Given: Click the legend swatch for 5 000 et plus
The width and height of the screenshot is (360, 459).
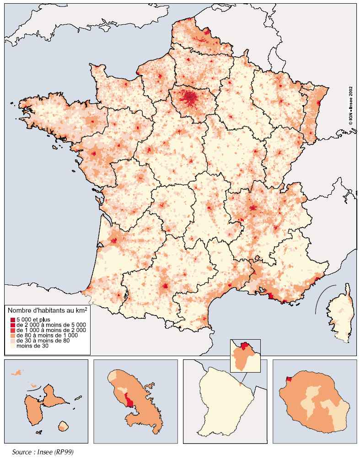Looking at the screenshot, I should (x=13, y=319).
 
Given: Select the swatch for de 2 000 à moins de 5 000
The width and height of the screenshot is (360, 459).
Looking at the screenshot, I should (x=13, y=324).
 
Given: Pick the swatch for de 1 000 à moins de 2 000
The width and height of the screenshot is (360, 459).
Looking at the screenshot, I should (x=13, y=330).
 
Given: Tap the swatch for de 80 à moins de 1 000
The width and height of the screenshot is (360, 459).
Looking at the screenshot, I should (x=13, y=335).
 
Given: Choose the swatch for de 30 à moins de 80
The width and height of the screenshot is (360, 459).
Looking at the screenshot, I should (x=13, y=341).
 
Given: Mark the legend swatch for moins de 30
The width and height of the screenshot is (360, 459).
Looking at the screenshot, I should (x=13, y=346).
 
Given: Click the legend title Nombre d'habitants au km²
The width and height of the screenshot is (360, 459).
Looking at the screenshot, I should (x=48, y=310).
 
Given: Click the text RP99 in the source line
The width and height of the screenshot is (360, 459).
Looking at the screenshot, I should (x=64, y=452).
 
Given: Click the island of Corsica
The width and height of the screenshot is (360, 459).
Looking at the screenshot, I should (x=342, y=315).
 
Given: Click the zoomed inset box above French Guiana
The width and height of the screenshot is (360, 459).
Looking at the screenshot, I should (x=245, y=355).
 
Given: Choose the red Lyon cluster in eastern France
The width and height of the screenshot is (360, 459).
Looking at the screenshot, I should (x=253, y=208).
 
